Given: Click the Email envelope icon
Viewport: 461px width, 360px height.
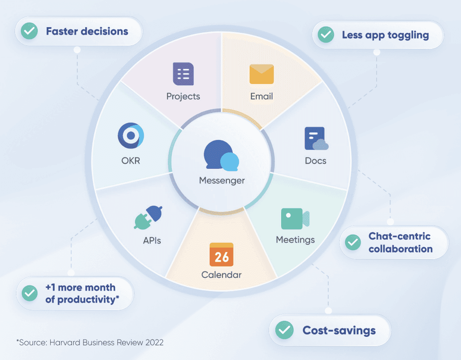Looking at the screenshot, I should pyautogui.click(x=262, y=74).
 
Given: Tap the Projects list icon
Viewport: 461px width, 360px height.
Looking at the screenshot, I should pyautogui.click(x=183, y=74).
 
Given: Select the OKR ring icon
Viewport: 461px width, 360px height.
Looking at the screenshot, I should pyautogui.click(x=131, y=136).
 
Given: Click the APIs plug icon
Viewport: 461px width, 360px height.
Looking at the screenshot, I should pyautogui.click(x=148, y=216).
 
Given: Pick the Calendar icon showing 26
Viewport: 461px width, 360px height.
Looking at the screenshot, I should pyautogui.click(x=222, y=255).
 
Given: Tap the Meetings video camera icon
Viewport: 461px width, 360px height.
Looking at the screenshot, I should pyautogui.click(x=295, y=219).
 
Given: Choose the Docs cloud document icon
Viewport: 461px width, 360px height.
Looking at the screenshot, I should pyautogui.click(x=316, y=139).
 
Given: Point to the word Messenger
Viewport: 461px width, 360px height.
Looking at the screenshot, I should pyautogui.click(x=222, y=180).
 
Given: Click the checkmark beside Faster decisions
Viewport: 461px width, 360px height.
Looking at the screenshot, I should pyautogui.click(x=30, y=32).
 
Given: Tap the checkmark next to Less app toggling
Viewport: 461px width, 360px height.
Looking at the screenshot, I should pyautogui.click(x=326, y=35).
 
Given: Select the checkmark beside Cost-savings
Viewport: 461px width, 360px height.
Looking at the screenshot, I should pyautogui.click(x=284, y=330).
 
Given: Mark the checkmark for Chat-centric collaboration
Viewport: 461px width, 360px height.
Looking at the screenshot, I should pyautogui.click(x=353, y=243).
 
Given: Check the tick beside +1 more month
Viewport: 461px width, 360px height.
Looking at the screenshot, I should pyautogui.click(x=30, y=293).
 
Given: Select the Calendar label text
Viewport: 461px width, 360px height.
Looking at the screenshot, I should pyautogui.click(x=221, y=275).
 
